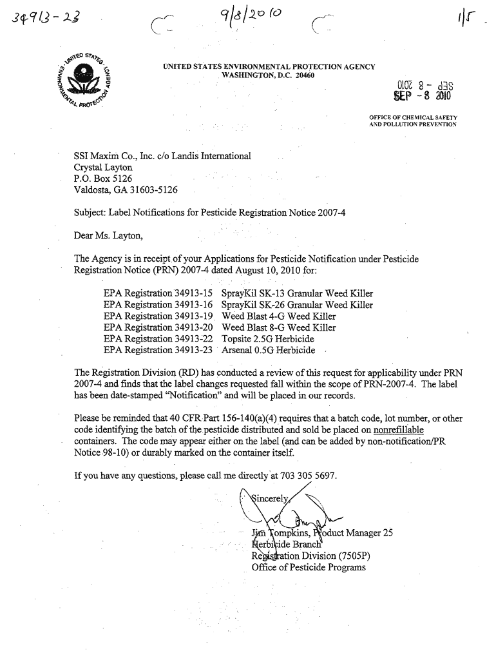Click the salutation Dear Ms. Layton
[106, 235]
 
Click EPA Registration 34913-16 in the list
[158, 305]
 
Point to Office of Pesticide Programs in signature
[309, 567]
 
